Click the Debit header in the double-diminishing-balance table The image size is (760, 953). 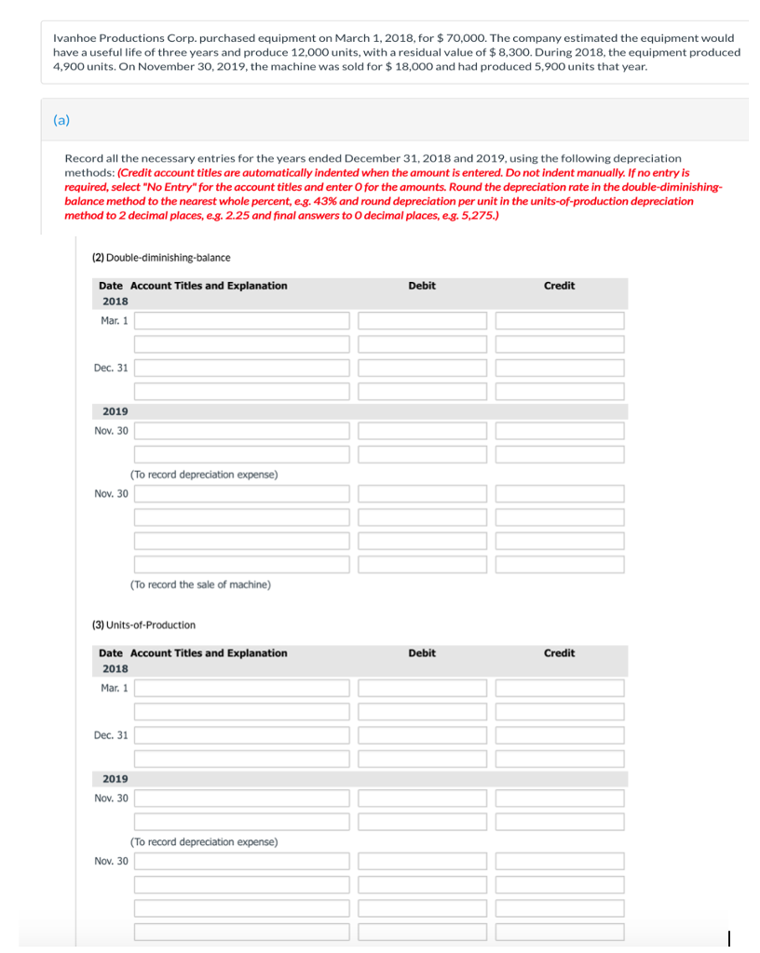pos(421,286)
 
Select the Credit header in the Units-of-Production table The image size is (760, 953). pos(559,653)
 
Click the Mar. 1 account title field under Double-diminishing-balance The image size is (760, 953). pos(242,320)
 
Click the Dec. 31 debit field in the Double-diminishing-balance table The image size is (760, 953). pos(422,368)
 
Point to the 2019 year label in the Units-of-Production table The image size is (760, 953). pos(115,779)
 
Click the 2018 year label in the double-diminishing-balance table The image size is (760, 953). pos(115,302)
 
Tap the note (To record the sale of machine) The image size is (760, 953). pos(200,584)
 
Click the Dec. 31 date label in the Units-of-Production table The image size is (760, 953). pos(111,735)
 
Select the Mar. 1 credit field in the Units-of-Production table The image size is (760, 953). pos(559,688)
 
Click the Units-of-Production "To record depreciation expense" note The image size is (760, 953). pos(204,841)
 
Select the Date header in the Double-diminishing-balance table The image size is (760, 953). pos(110,286)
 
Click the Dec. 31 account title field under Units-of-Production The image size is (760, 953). pos(242,735)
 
